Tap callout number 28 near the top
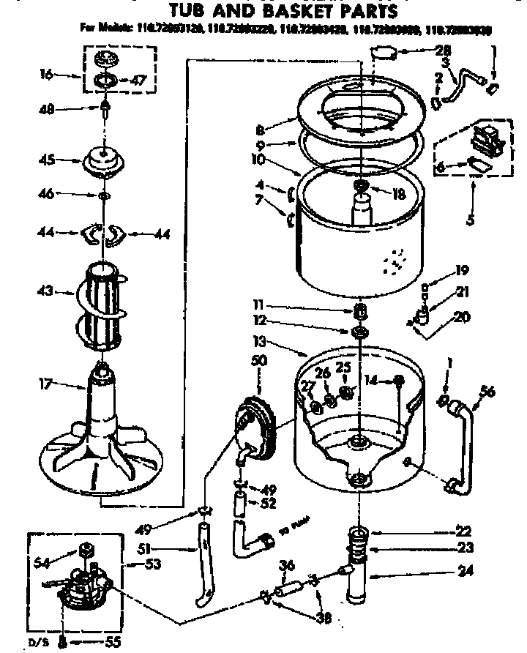pyautogui.click(x=443, y=51)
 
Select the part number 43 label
pyautogui.click(x=45, y=291)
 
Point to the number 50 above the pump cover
pyautogui.click(x=259, y=361)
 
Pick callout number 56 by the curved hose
pyautogui.click(x=487, y=391)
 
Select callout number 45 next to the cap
pyautogui.click(x=48, y=160)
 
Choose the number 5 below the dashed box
pyautogui.click(x=473, y=217)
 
